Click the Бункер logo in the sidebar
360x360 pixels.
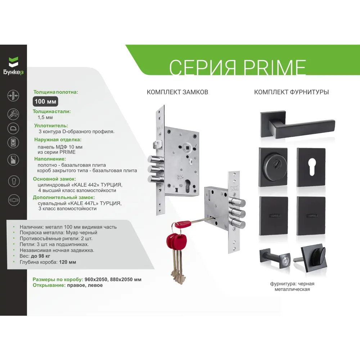(x=13, y=66)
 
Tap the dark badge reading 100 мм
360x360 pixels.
(x=45, y=102)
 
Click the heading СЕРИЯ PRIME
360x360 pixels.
(x=237, y=67)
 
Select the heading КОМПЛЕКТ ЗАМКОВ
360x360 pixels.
(x=177, y=92)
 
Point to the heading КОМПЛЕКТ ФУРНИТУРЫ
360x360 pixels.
(x=291, y=92)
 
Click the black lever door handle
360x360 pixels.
(x=298, y=125)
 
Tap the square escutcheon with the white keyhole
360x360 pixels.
(x=311, y=167)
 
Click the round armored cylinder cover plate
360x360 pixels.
(x=273, y=167)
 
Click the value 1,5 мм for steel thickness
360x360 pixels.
(x=45, y=118)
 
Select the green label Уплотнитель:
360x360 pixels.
(x=51, y=126)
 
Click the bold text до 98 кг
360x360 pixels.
(x=40, y=256)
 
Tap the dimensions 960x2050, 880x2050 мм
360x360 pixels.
(x=113, y=279)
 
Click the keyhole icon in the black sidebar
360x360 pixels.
(x=14, y=181)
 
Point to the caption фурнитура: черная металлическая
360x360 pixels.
(x=292, y=287)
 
